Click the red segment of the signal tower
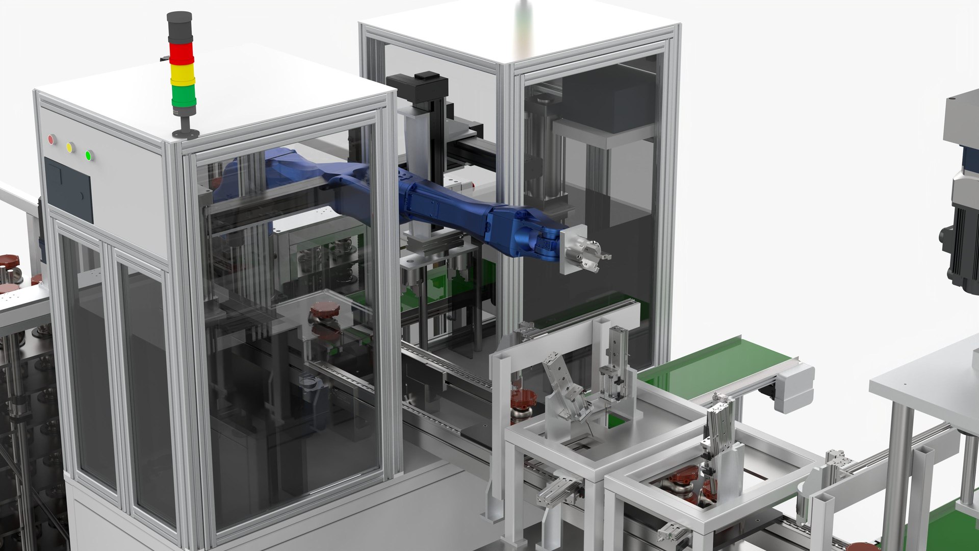[181, 53]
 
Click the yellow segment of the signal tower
[182, 73]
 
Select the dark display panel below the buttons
[68, 189]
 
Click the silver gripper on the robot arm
[591, 255]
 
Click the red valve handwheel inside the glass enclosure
[324, 309]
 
